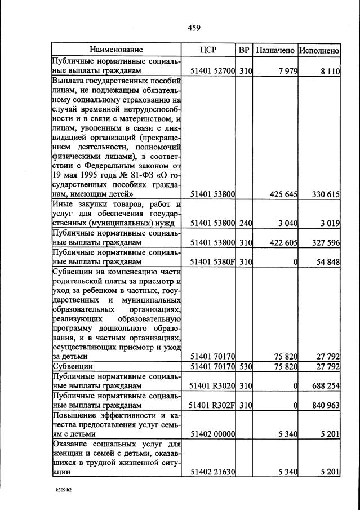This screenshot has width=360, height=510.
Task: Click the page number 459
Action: click(193, 28)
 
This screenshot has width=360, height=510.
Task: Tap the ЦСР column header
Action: click(208, 50)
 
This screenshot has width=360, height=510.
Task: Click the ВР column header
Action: click(244, 50)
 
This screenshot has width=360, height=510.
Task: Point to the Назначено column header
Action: click(275, 50)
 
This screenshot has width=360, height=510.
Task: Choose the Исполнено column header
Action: click(319, 50)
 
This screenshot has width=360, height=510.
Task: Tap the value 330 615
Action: click(326, 194)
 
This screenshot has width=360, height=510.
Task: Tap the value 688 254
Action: click(326, 386)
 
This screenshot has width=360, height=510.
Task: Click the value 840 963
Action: click(326, 405)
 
